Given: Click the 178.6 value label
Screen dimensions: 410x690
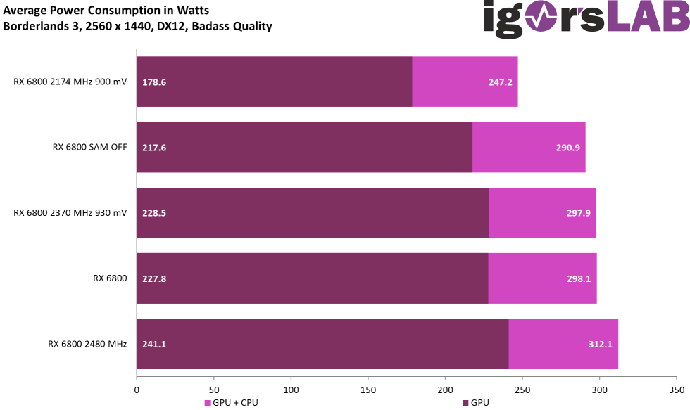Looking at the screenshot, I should [x=154, y=82].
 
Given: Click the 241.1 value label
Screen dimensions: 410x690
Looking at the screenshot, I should [x=154, y=345].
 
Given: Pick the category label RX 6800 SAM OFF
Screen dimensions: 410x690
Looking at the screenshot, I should [x=89, y=148].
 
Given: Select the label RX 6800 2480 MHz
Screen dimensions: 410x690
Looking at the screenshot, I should [x=87, y=345].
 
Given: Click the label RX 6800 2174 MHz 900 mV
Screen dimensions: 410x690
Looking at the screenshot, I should [x=70, y=82].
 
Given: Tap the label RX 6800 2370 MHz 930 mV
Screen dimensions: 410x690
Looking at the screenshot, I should [x=70, y=213].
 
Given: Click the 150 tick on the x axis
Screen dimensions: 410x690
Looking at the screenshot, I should [x=368, y=389].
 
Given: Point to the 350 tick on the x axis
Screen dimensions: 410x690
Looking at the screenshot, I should [x=677, y=389].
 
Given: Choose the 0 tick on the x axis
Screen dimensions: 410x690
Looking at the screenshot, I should [x=137, y=389].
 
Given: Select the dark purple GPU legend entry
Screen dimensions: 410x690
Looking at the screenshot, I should [x=476, y=403].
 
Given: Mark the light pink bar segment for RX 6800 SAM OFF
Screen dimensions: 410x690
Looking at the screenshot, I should [x=529, y=148].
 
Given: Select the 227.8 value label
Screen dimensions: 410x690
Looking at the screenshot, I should [x=154, y=279].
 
